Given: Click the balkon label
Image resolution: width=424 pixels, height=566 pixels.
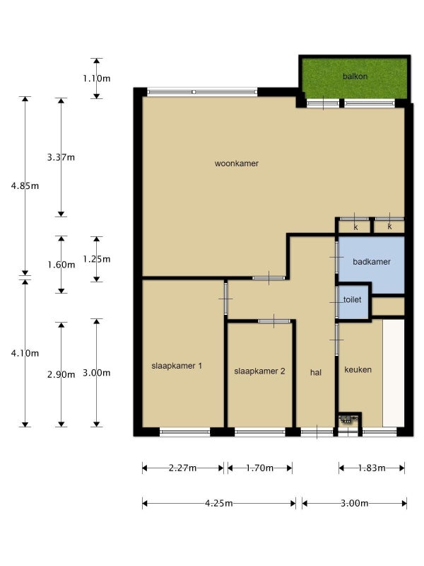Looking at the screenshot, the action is [355, 76].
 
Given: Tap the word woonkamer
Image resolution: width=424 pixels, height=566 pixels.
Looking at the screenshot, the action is [237, 163].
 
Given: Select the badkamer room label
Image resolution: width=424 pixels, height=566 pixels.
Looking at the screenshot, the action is [372, 262].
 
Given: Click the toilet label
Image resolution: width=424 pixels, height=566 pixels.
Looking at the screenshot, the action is [352, 299].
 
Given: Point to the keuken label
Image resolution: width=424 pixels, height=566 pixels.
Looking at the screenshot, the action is [358, 369].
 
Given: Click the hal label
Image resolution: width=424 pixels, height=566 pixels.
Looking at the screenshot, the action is [316, 373].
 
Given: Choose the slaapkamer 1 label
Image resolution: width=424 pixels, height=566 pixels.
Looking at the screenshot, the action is [177, 366].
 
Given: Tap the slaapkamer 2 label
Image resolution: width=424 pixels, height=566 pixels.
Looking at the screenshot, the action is [259, 371].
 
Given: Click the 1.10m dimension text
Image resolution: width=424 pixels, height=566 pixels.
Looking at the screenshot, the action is [97, 79].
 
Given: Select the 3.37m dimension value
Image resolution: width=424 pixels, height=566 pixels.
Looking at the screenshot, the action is [61, 157].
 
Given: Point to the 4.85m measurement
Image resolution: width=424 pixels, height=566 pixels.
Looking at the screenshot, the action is [25, 186].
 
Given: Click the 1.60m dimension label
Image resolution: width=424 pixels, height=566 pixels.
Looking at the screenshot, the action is [61, 265].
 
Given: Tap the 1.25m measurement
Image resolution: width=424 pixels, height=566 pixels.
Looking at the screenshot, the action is [97, 259].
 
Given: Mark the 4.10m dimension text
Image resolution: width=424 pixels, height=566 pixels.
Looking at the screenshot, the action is [25, 353].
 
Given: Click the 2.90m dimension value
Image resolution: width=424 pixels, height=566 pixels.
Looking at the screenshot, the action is [61, 375].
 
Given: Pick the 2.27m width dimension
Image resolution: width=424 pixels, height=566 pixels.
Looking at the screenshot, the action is [183, 468].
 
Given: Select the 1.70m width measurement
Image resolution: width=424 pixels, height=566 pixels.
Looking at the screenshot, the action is [259, 468].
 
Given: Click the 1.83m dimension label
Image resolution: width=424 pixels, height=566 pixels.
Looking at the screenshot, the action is [372, 468].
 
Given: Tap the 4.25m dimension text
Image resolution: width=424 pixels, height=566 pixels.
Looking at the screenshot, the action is [219, 503].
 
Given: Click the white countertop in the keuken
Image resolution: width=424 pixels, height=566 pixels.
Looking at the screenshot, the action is [394, 373].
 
